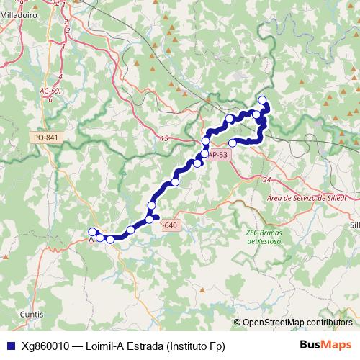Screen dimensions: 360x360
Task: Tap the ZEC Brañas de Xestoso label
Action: click(261, 236)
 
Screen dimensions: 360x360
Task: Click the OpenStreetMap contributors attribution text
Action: click(297, 323)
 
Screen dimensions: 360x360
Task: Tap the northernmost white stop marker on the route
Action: click(262, 100)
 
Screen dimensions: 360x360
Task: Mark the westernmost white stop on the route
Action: click(92, 232)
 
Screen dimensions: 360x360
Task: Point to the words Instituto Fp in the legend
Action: click(196, 346)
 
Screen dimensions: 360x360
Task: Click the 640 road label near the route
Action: click(170, 225)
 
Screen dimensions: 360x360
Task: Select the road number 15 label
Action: click(163, 138)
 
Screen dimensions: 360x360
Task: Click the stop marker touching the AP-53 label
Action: click(205, 153)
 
